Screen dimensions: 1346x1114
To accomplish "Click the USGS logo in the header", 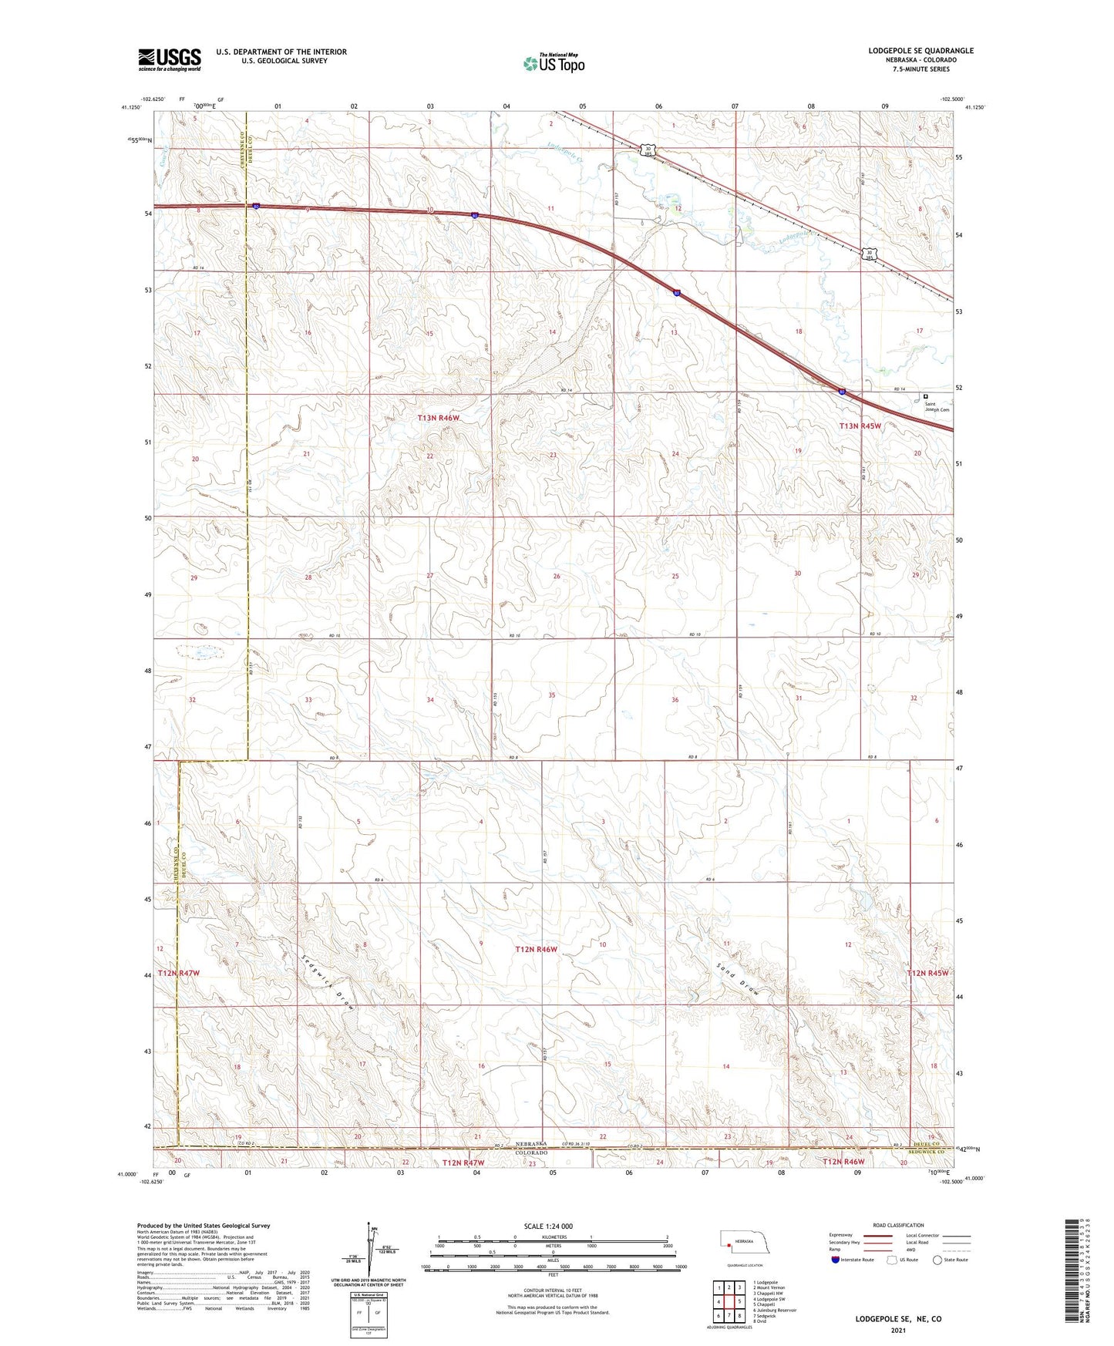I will [x=170, y=59].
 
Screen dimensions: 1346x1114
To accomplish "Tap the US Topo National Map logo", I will [x=553, y=63].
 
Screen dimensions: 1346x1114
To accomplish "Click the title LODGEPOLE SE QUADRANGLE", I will [x=920, y=51].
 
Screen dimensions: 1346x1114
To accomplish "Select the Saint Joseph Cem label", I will [x=938, y=406].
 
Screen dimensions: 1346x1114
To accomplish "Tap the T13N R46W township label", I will [x=438, y=418].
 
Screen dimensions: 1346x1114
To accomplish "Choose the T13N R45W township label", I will [x=860, y=426].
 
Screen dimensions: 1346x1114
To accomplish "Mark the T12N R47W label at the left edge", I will [x=179, y=973].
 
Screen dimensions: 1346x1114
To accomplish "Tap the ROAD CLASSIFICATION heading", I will [x=897, y=1225].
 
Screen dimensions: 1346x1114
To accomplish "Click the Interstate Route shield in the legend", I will [x=836, y=1260].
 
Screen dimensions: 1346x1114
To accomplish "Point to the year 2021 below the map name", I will [x=897, y=1331].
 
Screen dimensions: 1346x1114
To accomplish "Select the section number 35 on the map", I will [x=551, y=695].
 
